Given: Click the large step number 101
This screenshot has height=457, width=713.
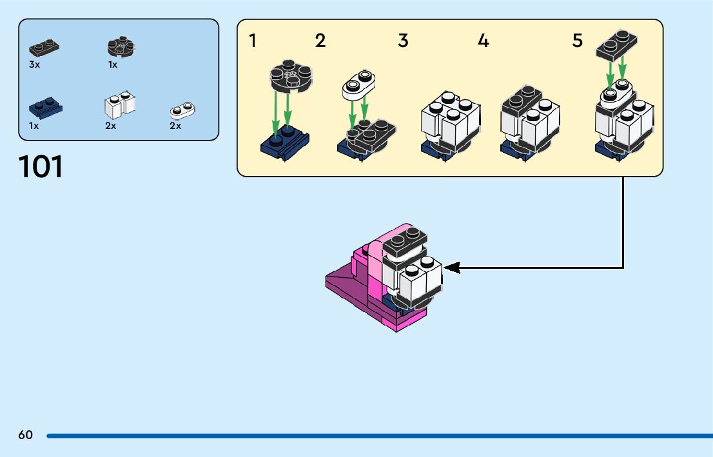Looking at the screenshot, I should (x=41, y=167).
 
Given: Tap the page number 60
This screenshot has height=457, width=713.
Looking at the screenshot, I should (x=25, y=435).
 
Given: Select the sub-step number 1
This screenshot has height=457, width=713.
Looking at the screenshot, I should (x=253, y=41).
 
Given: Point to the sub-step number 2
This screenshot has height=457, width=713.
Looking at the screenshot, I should (x=320, y=41).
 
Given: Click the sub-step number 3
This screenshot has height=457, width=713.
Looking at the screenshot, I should (x=403, y=41).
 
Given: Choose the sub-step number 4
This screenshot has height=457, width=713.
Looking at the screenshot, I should (x=483, y=41).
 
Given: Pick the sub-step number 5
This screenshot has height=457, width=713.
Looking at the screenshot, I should (x=577, y=41).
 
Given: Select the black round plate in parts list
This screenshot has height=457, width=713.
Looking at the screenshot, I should (x=120, y=48).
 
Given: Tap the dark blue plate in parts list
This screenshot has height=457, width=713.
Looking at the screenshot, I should (x=45, y=107).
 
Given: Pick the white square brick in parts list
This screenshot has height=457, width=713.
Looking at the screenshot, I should (x=120, y=105).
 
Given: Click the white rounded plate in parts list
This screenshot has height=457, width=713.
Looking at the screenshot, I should (x=183, y=110).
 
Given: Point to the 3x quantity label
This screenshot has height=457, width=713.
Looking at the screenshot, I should (x=34, y=65).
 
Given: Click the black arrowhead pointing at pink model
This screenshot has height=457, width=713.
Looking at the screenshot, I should (x=452, y=267).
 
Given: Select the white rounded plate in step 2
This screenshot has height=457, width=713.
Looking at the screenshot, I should (x=359, y=86).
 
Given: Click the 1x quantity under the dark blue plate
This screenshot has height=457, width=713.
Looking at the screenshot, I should (x=34, y=126).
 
